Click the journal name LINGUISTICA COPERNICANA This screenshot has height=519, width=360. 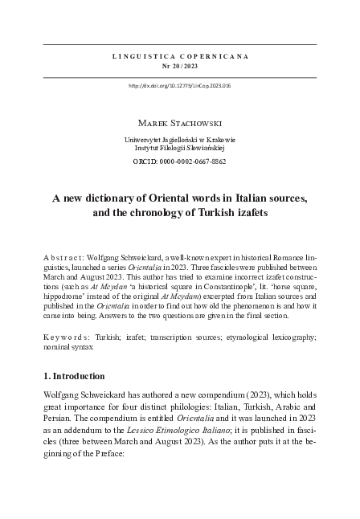tap(179, 57)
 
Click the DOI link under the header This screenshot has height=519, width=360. tap(179, 85)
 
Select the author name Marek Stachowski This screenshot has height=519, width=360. tap(179, 125)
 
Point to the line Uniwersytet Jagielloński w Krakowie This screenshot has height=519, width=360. tap(179, 140)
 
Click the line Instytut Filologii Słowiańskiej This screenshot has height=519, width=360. tap(179, 149)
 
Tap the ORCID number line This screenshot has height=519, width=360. tap(179, 161)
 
